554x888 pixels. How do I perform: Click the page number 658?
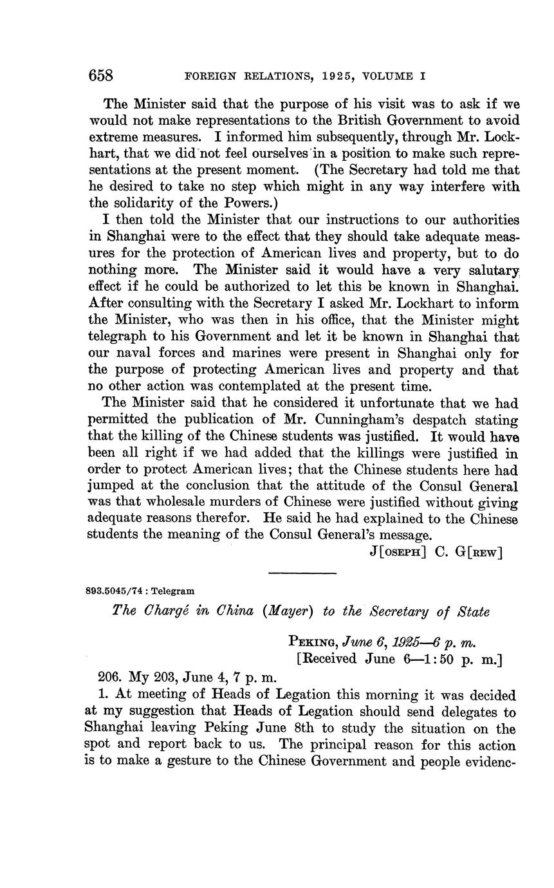pyautogui.click(x=100, y=76)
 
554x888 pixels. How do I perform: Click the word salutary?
pyautogui.click(x=494, y=270)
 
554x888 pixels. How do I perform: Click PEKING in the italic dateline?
pyautogui.click(x=312, y=642)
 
